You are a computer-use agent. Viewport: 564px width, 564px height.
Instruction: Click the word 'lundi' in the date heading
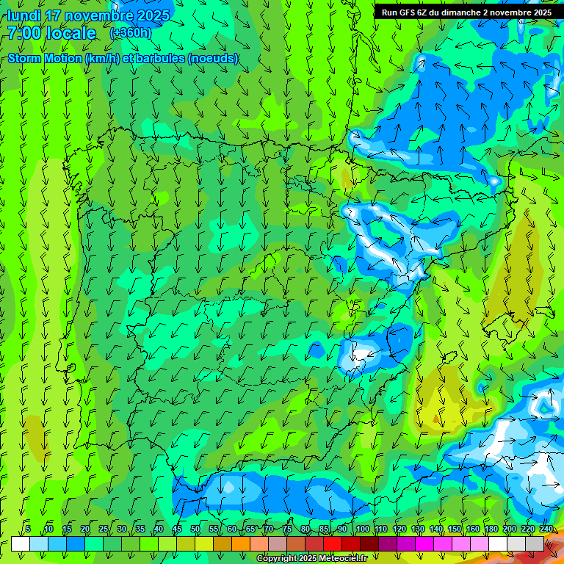[x=23, y=15]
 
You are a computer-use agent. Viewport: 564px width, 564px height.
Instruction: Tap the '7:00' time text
[x=26, y=33]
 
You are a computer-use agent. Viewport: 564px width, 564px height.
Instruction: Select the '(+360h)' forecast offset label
[x=131, y=33]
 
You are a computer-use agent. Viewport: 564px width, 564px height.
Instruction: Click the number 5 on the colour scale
[x=28, y=529]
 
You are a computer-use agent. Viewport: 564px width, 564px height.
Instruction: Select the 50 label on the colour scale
[x=195, y=529]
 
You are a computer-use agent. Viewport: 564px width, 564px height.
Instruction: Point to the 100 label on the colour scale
[x=362, y=529]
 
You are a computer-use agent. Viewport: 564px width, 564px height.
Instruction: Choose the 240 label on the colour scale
[x=546, y=529]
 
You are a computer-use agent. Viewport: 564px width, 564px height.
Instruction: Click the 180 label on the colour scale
[x=491, y=529]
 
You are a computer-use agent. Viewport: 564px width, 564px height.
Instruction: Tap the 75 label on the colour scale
[x=287, y=529]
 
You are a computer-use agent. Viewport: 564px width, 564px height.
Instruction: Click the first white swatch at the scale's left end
[x=21, y=543]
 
